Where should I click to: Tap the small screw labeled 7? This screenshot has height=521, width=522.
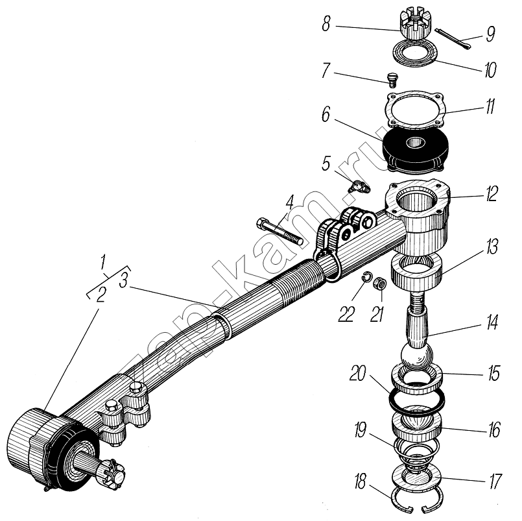point(390,80)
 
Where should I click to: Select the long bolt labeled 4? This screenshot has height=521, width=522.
point(280,232)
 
